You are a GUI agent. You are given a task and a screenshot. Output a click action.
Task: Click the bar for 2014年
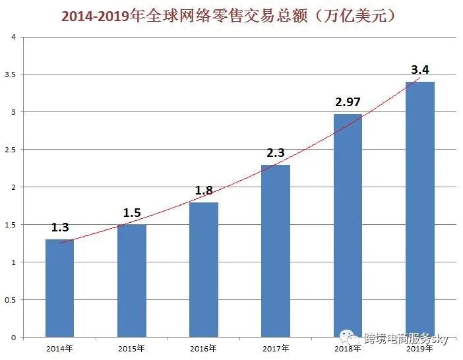[x=59, y=288]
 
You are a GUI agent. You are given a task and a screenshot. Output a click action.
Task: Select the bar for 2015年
[x=132, y=281]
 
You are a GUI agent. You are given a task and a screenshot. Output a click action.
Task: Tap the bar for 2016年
[x=204, y=270]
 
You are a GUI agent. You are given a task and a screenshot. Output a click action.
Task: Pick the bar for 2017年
[x=276, y=251]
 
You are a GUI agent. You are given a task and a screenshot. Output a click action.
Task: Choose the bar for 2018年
[x=348, y=225]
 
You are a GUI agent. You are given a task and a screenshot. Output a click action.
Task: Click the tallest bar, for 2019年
[x=419, y=210]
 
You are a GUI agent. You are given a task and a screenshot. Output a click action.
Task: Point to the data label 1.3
[x=60, y=227]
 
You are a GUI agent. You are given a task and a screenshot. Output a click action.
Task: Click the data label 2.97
[x=348, y=102]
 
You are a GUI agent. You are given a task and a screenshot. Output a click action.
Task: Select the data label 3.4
[x=420, y=69]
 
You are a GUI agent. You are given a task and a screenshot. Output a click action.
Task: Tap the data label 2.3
[x=276, y=152]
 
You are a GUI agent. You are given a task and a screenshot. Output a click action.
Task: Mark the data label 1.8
[x=204, y=190]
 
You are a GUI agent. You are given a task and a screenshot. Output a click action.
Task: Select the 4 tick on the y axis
[x=13, y=37]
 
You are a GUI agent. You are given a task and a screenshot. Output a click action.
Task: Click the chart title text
[x=231, y=15]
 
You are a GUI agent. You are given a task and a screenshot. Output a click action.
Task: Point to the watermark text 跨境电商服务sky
[x=406, y=339]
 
